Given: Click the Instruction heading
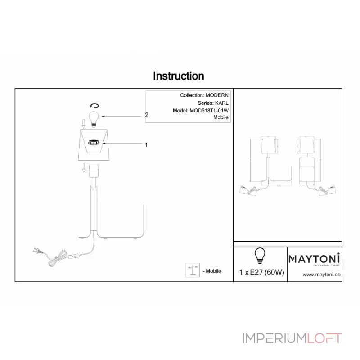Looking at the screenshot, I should click(179, 76).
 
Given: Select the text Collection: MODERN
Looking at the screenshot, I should click(204, 95).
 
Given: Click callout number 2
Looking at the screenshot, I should click(147, 115).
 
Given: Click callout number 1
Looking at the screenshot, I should click(146, 145).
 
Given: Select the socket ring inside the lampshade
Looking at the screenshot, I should click(94, 142).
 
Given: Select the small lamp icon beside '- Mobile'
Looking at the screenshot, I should click(193, 270).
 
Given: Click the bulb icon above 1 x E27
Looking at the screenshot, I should click(259, 255).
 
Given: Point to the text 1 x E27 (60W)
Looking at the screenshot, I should click(261, 272).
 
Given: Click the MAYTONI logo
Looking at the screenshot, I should click(314, 259).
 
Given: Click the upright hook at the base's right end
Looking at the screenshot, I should click(143, 220).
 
